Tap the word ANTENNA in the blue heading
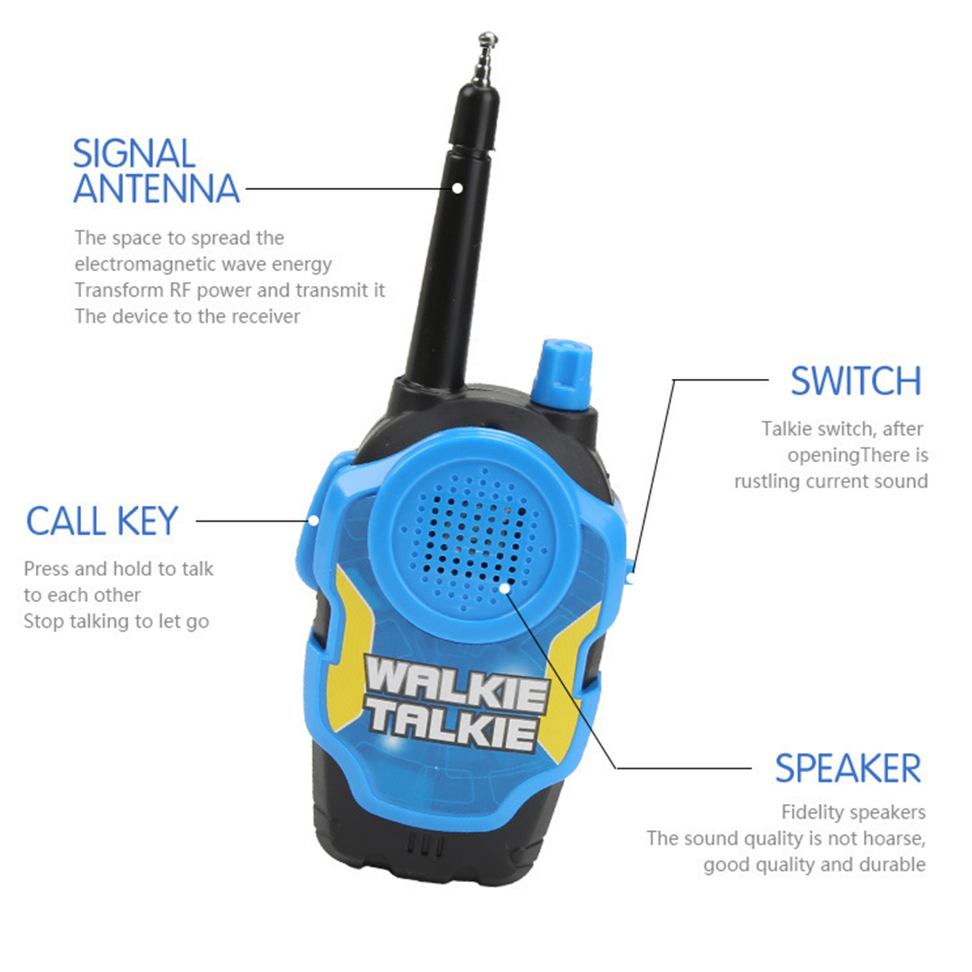[157, 189]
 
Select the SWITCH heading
[856, 381]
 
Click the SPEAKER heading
[848, 769]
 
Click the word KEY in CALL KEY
[148, 522]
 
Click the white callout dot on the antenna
[457, 188]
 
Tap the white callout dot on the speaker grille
[505, 588]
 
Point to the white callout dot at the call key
[314, 520]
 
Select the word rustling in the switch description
[765, 481]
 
